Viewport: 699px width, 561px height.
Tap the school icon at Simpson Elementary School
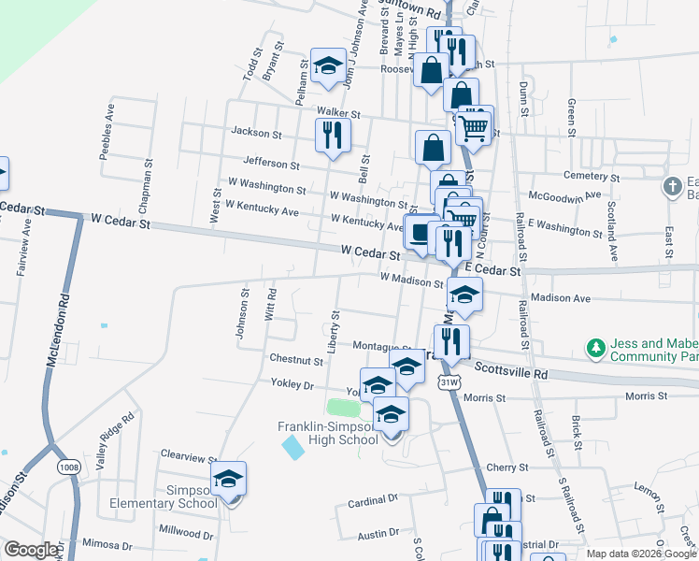[x=228, y=480]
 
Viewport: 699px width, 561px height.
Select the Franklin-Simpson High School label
[x=327, y=433]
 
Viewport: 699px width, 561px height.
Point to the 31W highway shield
[x=449, y=381]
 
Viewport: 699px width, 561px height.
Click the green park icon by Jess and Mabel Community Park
[x=595, y=349]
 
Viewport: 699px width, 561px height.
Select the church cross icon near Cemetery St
[x=671, y=186]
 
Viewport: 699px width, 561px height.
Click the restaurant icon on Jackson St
[x=333, y=137]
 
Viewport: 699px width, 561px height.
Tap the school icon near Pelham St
[x=327, y=66]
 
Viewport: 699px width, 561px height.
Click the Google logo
[x=31, y=550]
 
